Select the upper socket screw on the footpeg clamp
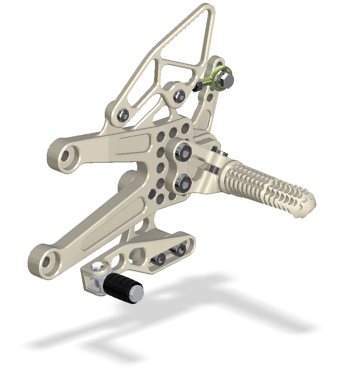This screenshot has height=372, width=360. [x=183, y=152]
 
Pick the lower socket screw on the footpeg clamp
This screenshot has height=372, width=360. [x=183, y=184]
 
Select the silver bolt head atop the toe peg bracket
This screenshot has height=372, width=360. [x=98, y=268]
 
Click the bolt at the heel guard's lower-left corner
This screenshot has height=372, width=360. [x=122, y=115]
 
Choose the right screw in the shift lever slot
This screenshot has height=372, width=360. [x=179, y=249]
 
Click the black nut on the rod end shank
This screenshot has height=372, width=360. [x=198, y=86]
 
